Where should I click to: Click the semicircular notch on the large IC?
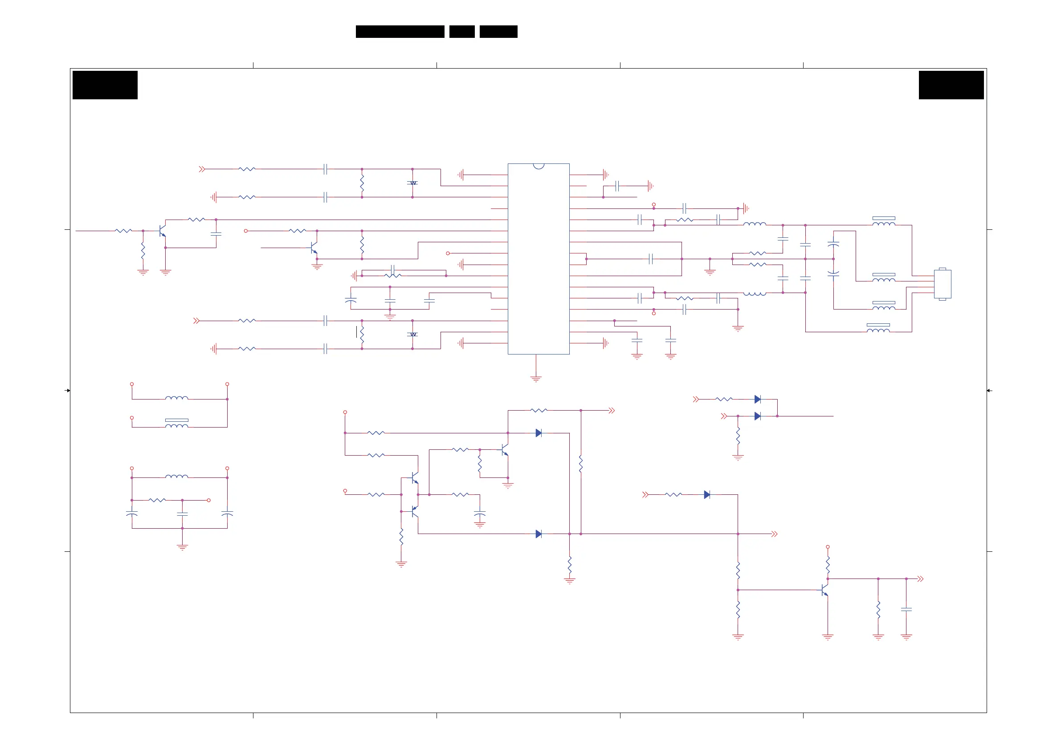click(539, 166)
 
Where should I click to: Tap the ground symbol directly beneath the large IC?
click(536, 379)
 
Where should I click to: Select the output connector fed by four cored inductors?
click(942, 284)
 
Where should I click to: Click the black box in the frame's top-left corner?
click(105, 85)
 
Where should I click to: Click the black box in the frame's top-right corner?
click(951, 85)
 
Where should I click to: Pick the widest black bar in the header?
click(400, 32)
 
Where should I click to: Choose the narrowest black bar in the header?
click(461, 32)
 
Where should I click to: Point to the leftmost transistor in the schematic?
click(162, 231)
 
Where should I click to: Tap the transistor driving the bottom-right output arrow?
click(825, 590)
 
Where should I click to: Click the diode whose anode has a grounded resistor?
click(757, 416)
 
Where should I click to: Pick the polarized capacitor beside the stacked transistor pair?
click(480, 514)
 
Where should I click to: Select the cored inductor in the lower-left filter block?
click(176, 423)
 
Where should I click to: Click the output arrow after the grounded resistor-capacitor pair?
click(920, 579)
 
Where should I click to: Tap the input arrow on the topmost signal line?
click(202, 169)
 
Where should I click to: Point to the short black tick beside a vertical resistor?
click(356, 332)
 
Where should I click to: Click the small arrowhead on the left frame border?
click(67, 391)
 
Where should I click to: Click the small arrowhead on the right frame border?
click(989, 391)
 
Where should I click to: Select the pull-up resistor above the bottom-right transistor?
click(828, 565)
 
